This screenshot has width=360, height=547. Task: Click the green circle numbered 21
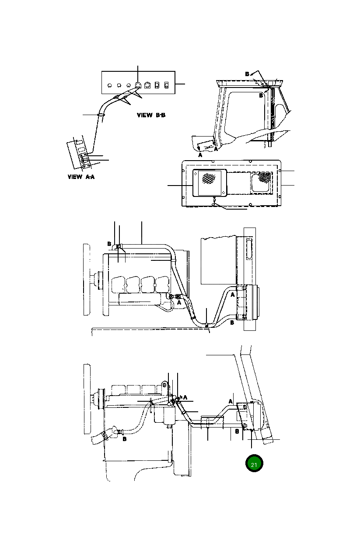[254, 464]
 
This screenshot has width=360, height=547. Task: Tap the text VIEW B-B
[151, 116]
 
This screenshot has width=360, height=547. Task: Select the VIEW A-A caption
[82, 177]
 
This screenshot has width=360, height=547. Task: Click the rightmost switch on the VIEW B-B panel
[166, 85]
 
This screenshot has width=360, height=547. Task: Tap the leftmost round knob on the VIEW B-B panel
[109, 85]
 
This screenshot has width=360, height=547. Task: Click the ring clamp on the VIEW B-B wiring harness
[101, 115]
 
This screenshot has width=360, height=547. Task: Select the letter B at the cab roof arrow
[247, 74]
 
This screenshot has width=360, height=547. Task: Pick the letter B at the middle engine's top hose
[109, 244]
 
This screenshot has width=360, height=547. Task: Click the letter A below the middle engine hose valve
[179, 302]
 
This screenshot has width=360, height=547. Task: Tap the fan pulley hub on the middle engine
[97, 277]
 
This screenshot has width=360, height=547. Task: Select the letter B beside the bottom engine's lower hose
[125, 439]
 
